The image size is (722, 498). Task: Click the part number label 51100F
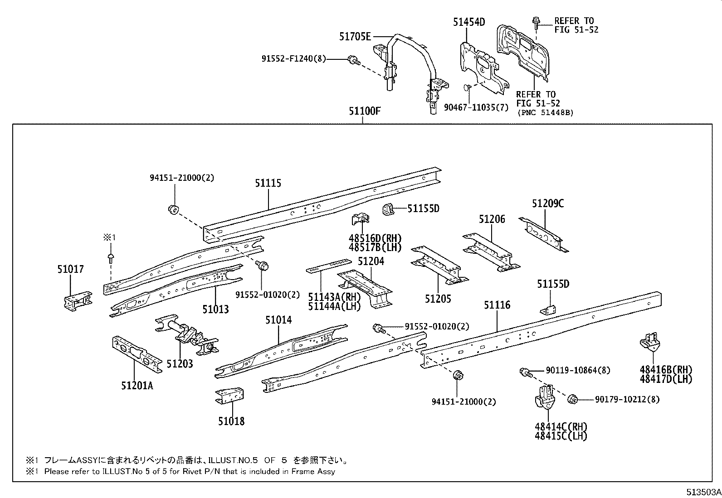coord(364,111)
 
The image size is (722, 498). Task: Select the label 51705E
coord(355,36)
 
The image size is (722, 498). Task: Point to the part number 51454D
coord(468,21)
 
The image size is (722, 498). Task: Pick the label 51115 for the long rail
coord(268,183)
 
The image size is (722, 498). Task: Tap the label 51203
coord(180,363)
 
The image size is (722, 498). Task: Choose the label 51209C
coord(548,203)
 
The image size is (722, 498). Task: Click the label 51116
coord(497,305)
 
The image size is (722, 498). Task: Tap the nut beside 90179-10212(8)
coord(572,399)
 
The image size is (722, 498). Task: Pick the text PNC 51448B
coord(545,112)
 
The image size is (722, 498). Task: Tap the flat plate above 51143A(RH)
coord(328,266)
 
